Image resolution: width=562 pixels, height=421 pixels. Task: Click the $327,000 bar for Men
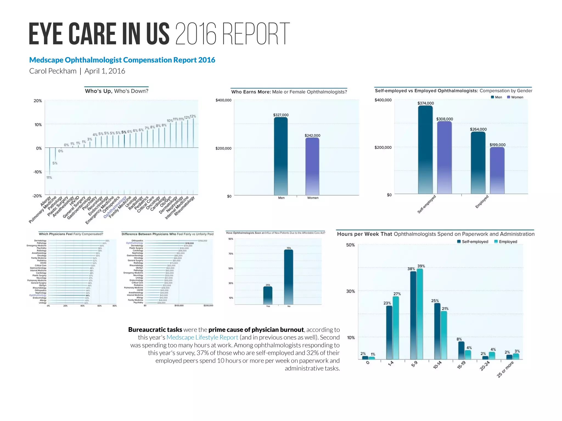[281, 156]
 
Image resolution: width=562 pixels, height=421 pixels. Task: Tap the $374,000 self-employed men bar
[425, 150]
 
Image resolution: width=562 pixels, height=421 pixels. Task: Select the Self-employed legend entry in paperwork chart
[473, 242]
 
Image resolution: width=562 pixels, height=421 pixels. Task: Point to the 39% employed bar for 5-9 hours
[420, 314]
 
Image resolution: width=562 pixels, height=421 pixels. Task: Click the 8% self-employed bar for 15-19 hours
[461, 350]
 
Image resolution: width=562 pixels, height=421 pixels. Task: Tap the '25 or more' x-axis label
[505, 369]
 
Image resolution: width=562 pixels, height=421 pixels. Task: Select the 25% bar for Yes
[268, 295]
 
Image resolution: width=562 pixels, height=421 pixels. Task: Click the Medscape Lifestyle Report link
[202, 337]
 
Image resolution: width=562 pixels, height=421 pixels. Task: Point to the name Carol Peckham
[53, 71]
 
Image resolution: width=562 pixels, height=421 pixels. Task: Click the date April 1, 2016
[105, 71]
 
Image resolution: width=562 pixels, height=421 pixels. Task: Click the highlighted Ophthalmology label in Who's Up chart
[115, 207]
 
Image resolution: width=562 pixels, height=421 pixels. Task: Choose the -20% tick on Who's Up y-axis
[37, 196]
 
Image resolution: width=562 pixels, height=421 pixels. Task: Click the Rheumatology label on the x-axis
[184, 206]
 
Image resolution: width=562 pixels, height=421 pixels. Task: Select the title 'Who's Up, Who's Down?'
[117, 91]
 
